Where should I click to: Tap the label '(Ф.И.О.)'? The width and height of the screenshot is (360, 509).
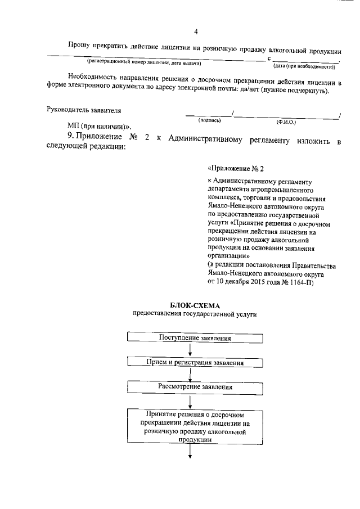coord(286,121)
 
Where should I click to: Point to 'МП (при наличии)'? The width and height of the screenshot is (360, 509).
coord(98,127)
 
